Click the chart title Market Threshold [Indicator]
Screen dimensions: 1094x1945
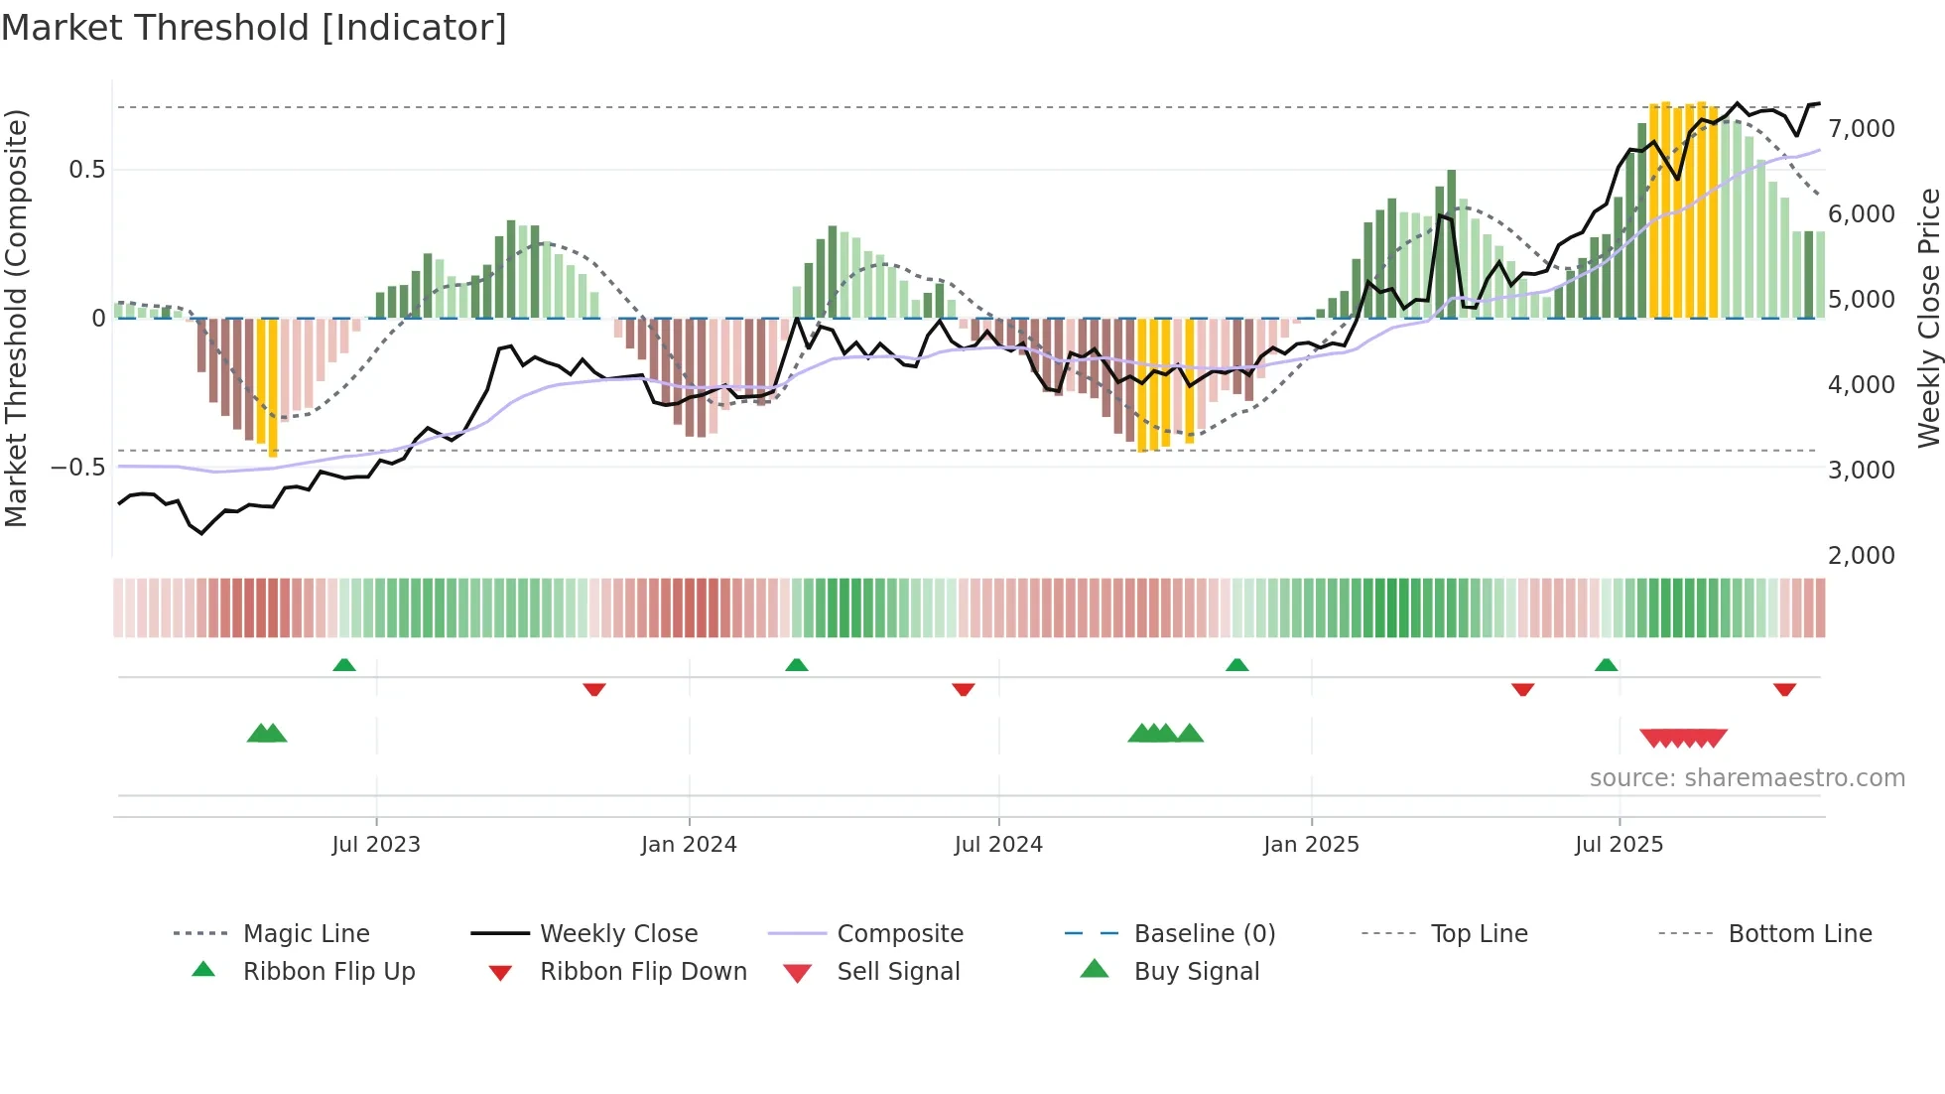point(254,28)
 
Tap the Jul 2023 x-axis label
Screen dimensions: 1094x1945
point(376,845)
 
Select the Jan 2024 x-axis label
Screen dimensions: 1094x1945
point(689,845)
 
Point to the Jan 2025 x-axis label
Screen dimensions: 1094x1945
point(1311,845)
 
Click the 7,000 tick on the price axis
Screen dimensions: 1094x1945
point(1862,129)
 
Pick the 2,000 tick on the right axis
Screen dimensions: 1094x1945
point(1862,556)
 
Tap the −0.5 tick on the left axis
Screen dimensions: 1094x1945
point(77,468)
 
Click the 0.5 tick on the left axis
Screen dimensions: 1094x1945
point(87,170)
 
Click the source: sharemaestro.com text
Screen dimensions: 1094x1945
point(1747,778)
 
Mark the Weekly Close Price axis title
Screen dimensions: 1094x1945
point(1928,318)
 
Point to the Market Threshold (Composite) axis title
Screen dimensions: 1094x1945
point(16,318)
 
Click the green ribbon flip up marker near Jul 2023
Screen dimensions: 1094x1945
point(344,665)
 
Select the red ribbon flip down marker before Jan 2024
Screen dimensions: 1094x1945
point(594,689)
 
